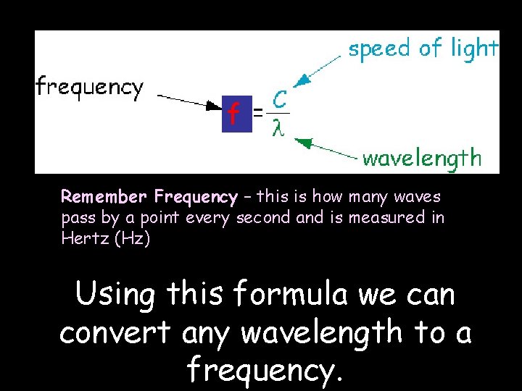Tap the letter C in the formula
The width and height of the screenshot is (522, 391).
point(278,98)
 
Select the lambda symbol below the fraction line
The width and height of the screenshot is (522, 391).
point(277,128)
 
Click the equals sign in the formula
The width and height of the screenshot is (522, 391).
point(257,113)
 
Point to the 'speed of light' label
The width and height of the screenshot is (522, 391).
point(423,49)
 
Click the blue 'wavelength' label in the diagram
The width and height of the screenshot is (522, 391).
point(421,158)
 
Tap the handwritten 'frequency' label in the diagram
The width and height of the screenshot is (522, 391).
point(90,88)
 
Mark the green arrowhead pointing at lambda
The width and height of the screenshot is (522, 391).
point(305,143)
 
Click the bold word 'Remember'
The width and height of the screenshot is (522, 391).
point(104,197)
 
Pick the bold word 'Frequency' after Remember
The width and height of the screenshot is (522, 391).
point(195,197)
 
